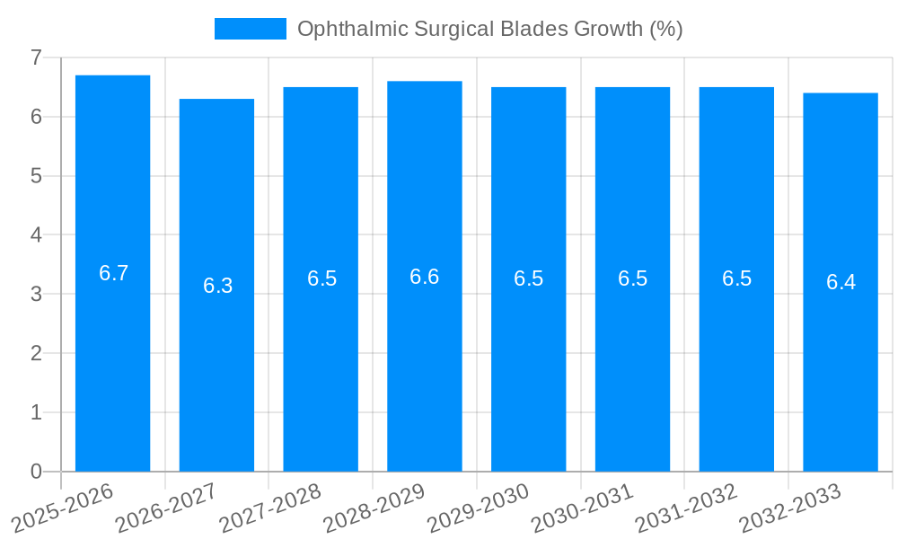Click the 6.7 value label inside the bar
click(x=113, y=274)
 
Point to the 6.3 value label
click(x=217, y=286)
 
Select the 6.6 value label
click(x=425, y=277)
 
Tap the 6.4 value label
click(x=841, y=282)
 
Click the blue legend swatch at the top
click(x=250, y=29)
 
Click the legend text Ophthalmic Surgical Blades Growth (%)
click(x=489, y=29)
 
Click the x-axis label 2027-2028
click(x=270, y=508)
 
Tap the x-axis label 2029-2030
click(x=479, y=508)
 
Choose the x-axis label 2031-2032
click(x=687, y=508)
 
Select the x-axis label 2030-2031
click(x=583, y=508)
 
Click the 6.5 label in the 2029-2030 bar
click(x=528, y=278)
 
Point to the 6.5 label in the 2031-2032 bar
click(x=736, y=278)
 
